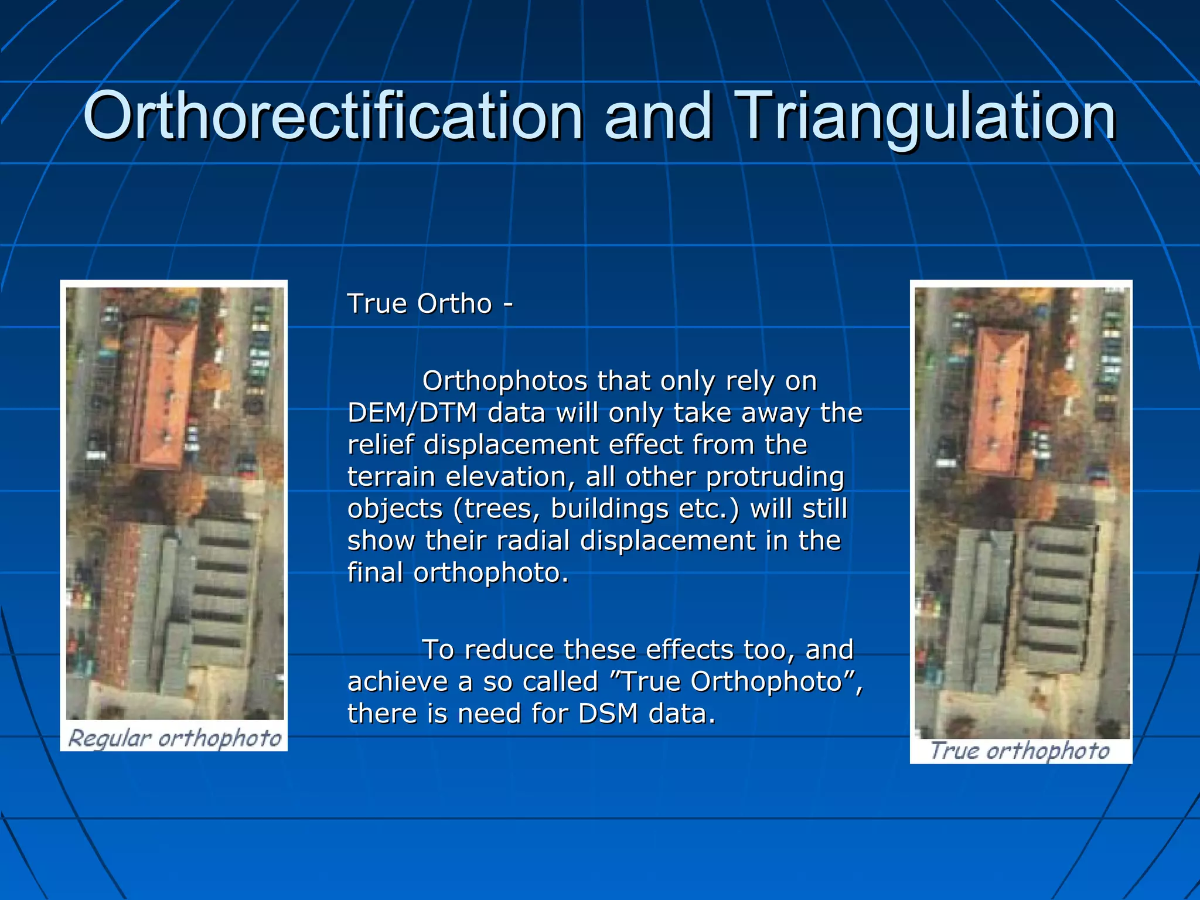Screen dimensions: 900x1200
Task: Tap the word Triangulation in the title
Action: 926,117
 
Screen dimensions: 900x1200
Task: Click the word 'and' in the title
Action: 657,117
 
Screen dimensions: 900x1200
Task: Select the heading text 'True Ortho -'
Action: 430,304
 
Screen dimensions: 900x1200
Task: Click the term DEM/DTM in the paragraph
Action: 412,413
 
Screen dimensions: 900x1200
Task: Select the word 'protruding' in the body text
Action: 775,477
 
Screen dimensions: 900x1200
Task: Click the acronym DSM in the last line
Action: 608,714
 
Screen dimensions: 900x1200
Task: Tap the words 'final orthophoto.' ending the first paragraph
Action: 458,572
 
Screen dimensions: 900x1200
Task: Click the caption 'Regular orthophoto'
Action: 175,738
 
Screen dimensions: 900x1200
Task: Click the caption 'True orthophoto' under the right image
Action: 1020,751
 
